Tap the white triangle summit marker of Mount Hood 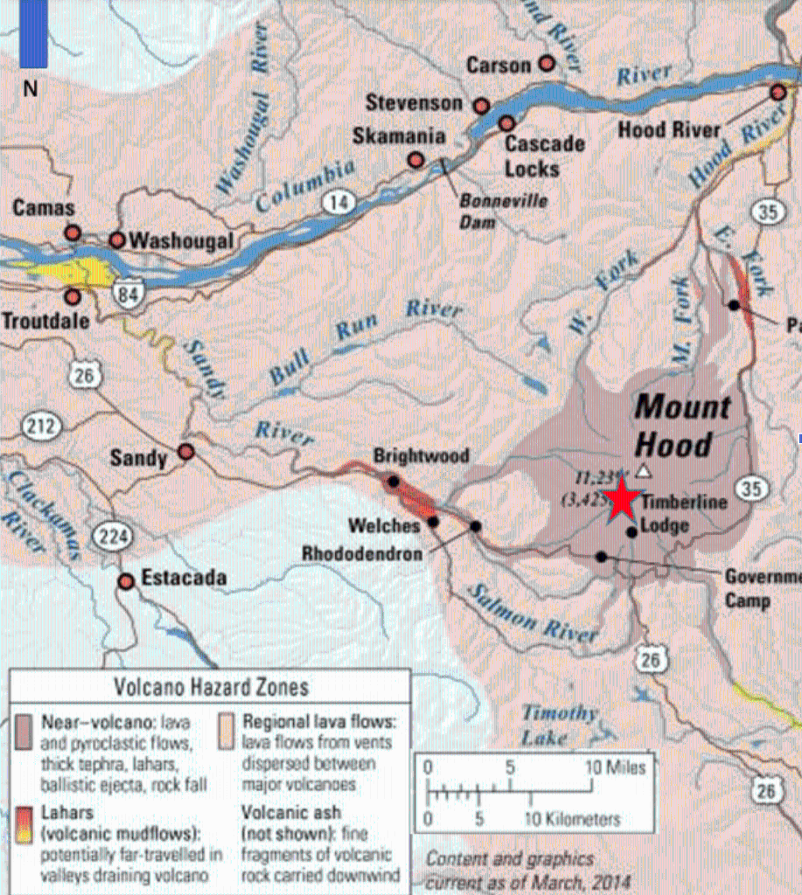644,471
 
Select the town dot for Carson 547,63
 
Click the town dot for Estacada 127,580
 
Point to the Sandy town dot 185,452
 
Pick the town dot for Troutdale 73,297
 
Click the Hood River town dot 778,92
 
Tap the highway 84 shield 129,294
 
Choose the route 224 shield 114,538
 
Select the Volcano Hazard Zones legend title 212,687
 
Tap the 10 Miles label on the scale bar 615,767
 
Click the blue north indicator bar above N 33,35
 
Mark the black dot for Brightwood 394,482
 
